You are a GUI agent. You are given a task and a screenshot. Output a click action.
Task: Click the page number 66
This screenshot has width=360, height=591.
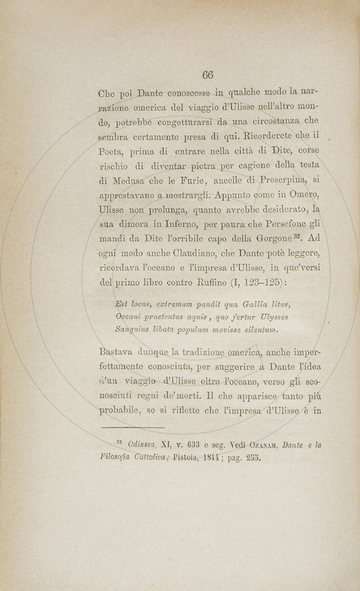point(208,75)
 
